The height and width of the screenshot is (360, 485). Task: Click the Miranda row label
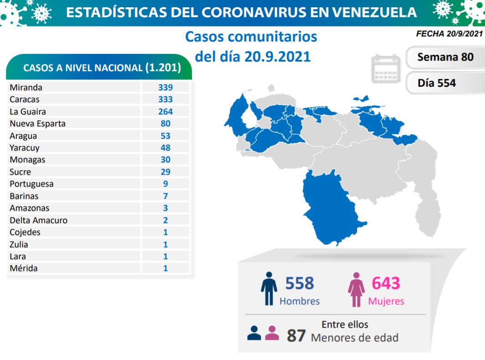(26, 87)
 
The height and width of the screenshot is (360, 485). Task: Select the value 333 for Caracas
(165, 99)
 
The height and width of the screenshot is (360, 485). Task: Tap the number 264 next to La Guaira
(165, 111)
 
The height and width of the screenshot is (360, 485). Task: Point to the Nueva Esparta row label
(37, 123)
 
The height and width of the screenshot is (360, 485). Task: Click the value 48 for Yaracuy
(165, 147)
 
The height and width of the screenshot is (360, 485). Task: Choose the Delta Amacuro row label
(38, 220)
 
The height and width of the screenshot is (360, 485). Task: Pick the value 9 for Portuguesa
(165, 184)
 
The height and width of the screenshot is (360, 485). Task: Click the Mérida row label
(24, 268)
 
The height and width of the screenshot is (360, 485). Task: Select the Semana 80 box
(445, 57)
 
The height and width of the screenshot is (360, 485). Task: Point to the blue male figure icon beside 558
(268, 288)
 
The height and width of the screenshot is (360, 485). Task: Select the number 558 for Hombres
(299, 283)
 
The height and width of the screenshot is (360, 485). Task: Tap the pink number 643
(386, 283)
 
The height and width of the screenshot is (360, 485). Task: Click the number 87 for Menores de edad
(296, 336)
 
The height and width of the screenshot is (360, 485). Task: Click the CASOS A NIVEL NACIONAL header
(102, 68)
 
